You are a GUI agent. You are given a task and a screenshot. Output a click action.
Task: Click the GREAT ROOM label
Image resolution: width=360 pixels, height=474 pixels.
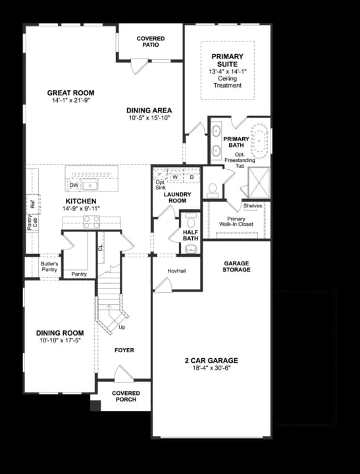point(70,93)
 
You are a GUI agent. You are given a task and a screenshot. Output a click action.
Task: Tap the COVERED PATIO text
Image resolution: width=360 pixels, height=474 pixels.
point(151,42)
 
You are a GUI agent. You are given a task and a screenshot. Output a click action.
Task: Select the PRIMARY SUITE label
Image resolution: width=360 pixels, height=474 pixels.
point(227,61)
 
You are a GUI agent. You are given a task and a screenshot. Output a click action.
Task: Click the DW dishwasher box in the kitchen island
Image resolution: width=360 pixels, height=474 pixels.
point(74,186)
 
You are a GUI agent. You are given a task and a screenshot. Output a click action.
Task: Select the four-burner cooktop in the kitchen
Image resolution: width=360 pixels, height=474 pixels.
point(91,223)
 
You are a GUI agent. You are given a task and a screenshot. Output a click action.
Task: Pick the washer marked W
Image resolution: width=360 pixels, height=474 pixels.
point(176,177)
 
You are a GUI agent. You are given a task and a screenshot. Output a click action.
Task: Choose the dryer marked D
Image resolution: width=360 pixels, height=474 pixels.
point(192,177)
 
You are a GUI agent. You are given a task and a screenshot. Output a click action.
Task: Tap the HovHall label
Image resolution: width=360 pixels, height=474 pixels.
point(177,271)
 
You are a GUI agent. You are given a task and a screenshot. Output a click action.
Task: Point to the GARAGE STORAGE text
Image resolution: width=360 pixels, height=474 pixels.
point(236,267)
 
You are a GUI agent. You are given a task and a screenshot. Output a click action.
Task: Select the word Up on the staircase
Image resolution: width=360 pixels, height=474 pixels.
point(121,327)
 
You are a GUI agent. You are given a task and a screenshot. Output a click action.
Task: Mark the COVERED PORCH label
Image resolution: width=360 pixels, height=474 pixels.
point(125,396)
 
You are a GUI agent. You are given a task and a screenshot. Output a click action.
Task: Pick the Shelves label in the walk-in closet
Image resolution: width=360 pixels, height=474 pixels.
point(253,205)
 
